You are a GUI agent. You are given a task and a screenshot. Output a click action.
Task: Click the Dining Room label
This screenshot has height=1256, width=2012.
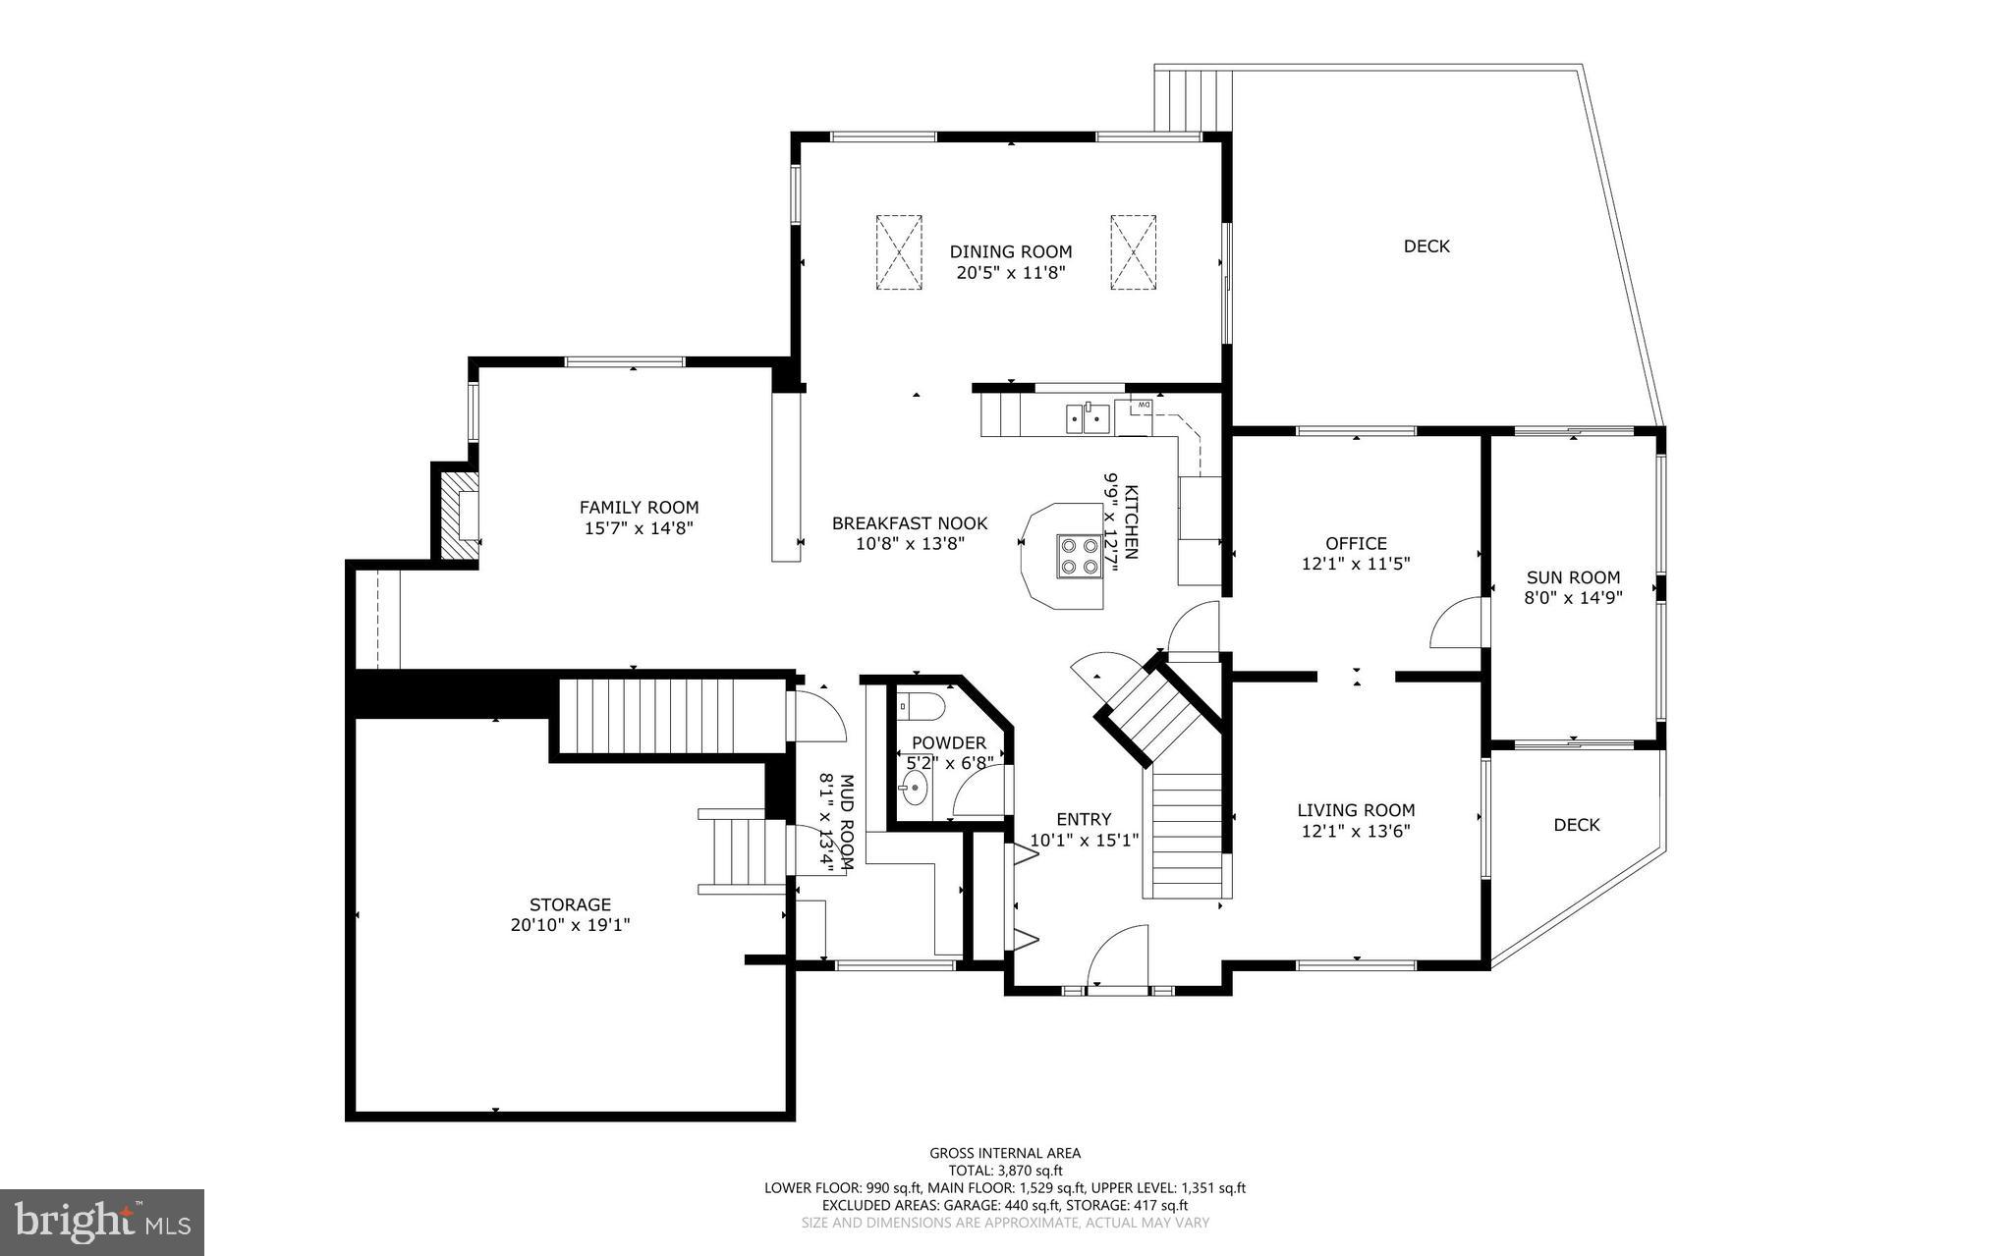(1010, 252)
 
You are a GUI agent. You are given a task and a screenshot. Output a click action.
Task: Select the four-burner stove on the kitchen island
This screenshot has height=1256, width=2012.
(1079, 556)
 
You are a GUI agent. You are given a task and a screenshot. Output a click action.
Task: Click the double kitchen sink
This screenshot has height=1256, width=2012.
(1088, 419)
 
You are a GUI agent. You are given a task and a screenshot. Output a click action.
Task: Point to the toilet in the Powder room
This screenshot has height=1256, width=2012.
(924, 706)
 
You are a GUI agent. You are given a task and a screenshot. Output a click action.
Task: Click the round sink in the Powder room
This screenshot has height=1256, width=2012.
(915, 787)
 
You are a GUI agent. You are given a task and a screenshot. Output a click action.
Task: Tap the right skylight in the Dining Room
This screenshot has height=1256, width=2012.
(1134, 251)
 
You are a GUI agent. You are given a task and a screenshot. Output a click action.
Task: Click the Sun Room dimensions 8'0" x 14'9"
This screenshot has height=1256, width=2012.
(1573, 597)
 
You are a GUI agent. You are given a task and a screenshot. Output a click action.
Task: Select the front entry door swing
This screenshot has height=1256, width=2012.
(1120, 955)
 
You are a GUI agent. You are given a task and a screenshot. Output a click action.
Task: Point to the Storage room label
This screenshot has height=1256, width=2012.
(570, 904)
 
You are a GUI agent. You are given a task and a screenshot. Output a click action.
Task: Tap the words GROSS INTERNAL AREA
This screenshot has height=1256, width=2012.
(1005, 1153)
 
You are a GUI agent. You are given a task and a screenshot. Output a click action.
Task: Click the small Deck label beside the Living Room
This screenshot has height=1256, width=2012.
(1576, 825)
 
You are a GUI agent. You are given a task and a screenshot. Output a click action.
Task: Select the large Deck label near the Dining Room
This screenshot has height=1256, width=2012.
(1425, 246)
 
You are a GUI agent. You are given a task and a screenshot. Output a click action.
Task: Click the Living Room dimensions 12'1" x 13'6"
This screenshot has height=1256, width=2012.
(1356, 831)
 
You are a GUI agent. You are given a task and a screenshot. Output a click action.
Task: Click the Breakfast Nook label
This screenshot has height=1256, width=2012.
(910, 523)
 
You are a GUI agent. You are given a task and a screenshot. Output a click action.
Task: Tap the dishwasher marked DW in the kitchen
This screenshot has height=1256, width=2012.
(1143, 405)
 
